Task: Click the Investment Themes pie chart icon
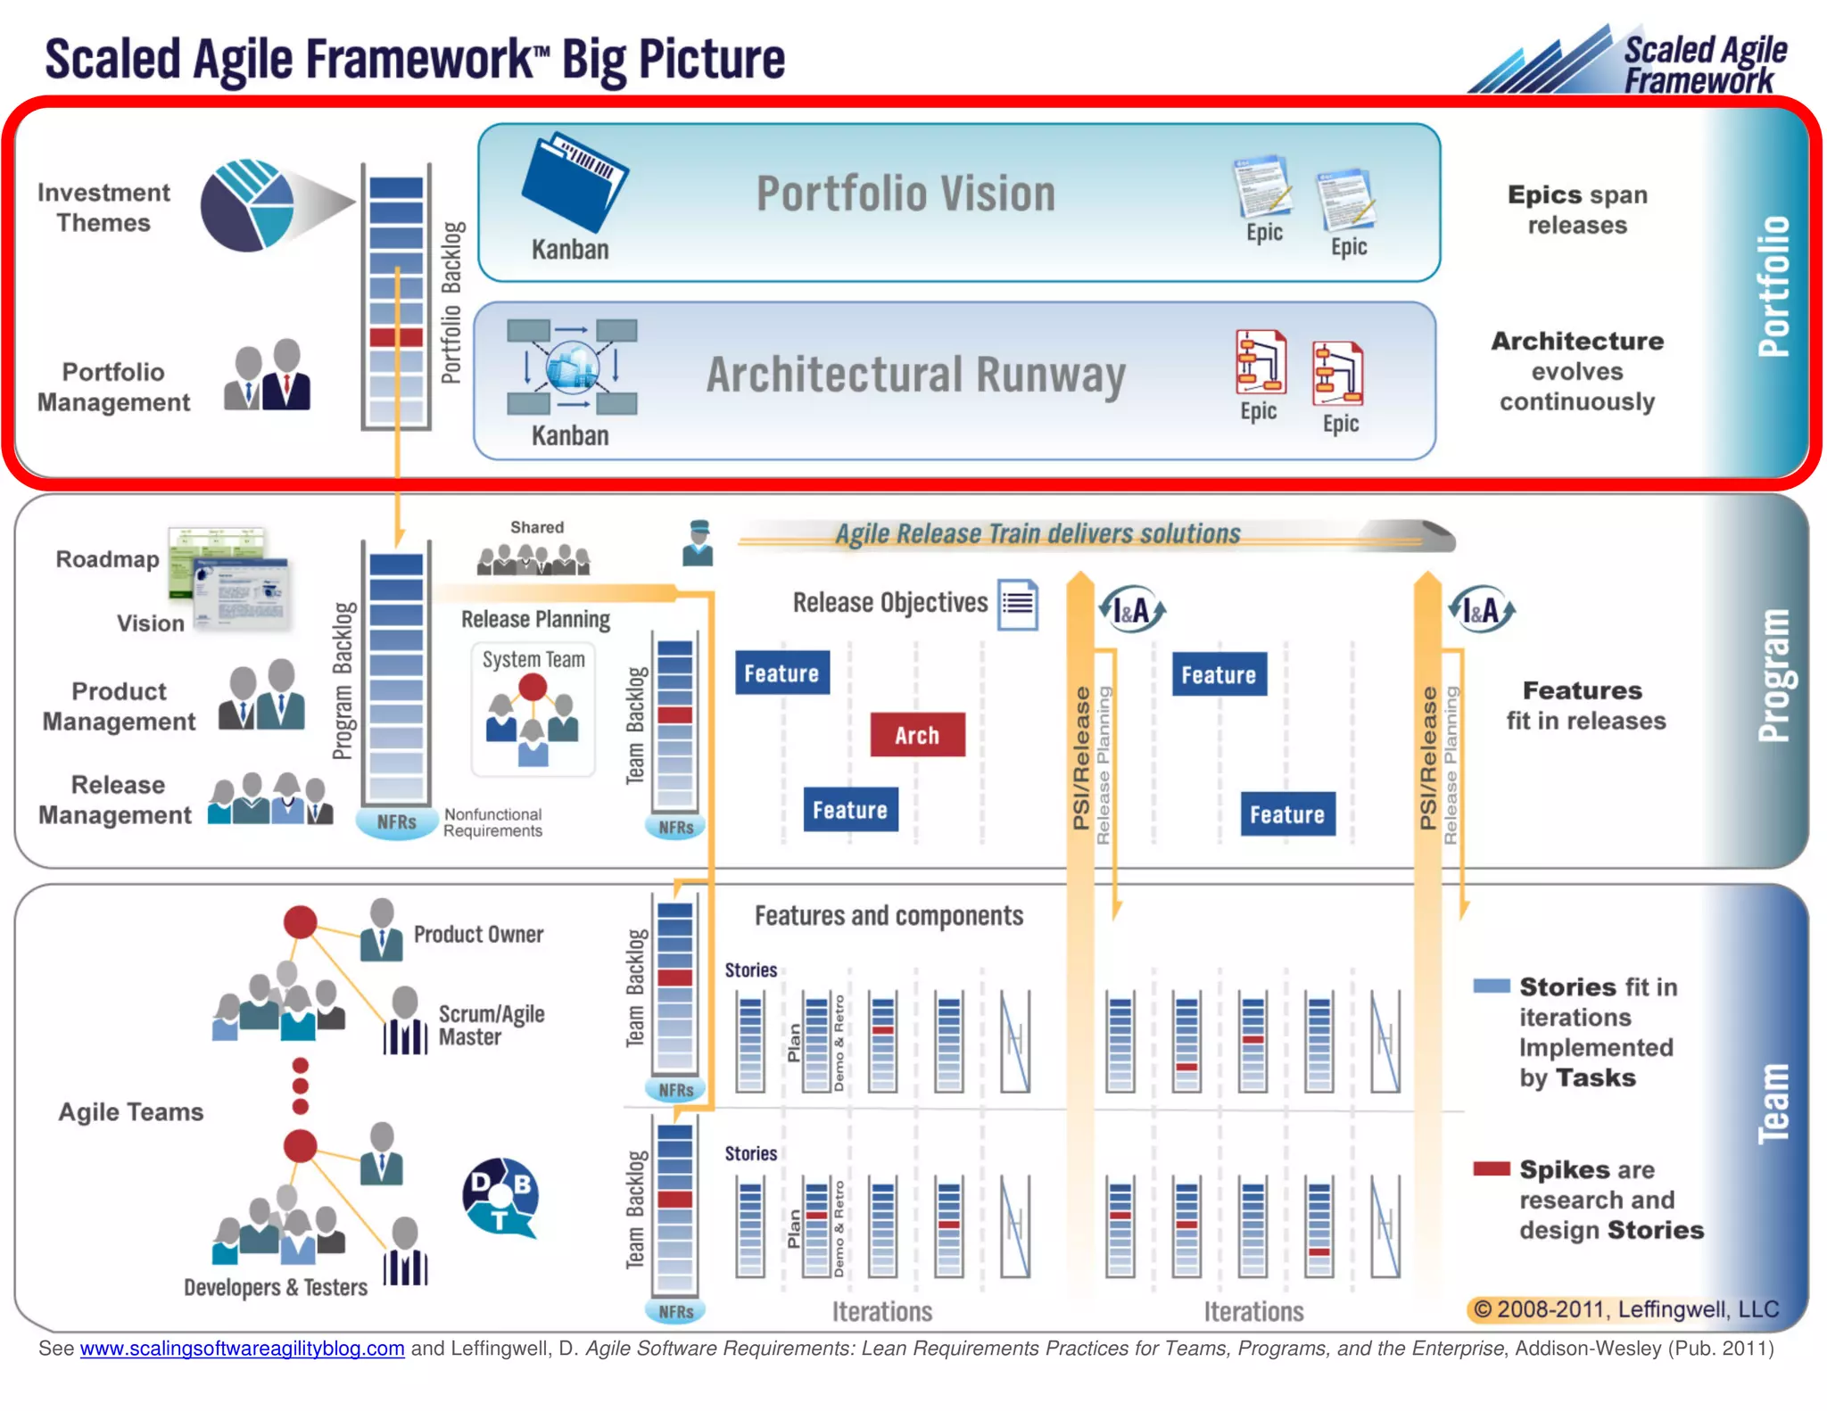pyautogui.click(x=248, y=205)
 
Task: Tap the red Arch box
pyautogui.click(x=917, y=735)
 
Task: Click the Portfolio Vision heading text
pyautogui.click(x=905, y=194)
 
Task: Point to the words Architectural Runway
pyautogui.click(x=915, y=375)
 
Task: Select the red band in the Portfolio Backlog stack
pyautogui.click(x=396, y=337)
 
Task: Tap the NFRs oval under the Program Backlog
pyautogui.click(x=396, y=822)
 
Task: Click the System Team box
pyautogui.click(x=533, y=709)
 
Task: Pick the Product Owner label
pyautogui.click(x=478, y=934)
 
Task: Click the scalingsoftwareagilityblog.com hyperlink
pyautogui.click(x=242, y=1348)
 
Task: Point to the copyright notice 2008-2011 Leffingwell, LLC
pyautogui.click(x=1625, y=1308)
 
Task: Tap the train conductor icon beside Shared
pyautogui.click(x=698, y=543)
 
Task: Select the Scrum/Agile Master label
pyautogui.click(x=491, y=1026)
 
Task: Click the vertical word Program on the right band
pyautogui.click(x=1773, y=675)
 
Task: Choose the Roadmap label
pyautogui.click(x=107, y=559)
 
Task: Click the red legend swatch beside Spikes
pyautogui.click(x=1491, y=1168)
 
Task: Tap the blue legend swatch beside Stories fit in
pyautogui.click(x=1491, y=986)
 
